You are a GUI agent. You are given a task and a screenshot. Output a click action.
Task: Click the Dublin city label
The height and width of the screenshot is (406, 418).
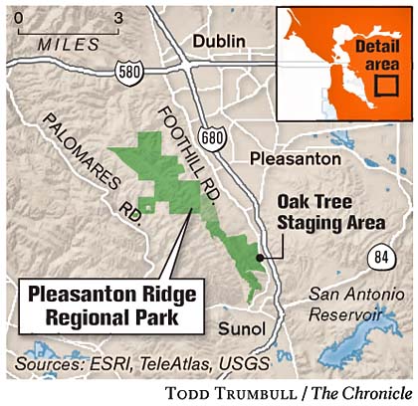pos(227,39)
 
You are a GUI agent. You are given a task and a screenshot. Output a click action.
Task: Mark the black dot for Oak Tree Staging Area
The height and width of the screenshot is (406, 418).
pos(261,256)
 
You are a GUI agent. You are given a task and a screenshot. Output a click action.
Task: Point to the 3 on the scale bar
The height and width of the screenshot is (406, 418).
pos(116,17)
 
